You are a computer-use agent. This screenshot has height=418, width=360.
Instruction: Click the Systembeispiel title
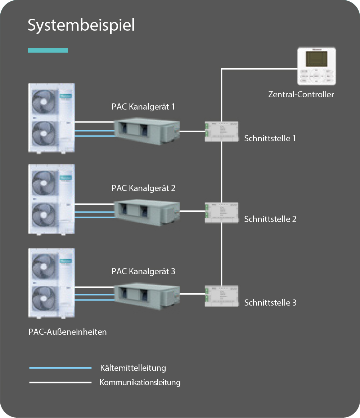[x=81, y=26]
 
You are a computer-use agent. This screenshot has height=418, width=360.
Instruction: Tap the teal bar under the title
[x=48, y=50]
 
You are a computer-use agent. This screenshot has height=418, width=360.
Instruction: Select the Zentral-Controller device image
[x=316, y=67]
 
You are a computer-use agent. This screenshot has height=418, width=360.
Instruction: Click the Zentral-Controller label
[x=301, y=94]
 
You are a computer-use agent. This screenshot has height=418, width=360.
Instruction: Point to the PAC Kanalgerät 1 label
[x=143, y=107]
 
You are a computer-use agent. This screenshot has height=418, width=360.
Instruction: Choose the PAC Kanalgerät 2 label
[x=143, y=188]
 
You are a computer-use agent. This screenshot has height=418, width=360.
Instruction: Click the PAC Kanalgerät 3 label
[x=143, y=271]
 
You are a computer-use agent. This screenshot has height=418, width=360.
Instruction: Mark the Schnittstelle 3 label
[x=270, y=303]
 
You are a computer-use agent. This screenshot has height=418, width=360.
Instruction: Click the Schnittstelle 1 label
[x=270, y=138]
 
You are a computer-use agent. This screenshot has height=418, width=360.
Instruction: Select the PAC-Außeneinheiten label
[x=68, y=332]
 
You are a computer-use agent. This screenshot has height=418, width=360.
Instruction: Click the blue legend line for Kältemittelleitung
[x=60, y=368]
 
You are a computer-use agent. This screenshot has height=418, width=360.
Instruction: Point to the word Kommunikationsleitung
[x=140, y=382]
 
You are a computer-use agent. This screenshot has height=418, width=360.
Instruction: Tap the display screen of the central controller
[x=316, y=58]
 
